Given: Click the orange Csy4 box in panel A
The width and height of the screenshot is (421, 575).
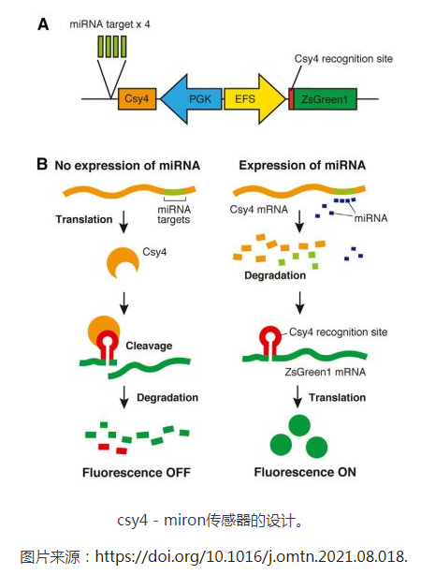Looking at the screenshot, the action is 137,98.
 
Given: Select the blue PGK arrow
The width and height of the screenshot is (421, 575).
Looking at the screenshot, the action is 191,98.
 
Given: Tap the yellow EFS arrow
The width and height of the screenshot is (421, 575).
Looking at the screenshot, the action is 254,98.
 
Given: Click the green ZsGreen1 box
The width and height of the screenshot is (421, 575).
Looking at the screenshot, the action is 325,98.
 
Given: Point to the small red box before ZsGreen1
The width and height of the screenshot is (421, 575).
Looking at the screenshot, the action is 291,98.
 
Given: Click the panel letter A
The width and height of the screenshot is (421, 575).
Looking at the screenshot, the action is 43,24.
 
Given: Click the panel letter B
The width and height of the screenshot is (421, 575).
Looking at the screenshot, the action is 42,164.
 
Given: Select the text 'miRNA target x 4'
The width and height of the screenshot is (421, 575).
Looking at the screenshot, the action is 109,24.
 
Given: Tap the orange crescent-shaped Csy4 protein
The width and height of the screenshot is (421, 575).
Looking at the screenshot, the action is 123,262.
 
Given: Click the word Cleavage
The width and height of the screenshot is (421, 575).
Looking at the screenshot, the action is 149,346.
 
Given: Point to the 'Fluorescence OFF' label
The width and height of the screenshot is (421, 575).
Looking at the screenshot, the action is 137,472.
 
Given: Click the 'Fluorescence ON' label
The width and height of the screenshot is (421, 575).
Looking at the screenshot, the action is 305,472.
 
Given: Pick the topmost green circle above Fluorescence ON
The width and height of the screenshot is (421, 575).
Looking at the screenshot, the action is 299,425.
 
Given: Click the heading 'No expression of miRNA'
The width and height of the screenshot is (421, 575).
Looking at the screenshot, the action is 127,166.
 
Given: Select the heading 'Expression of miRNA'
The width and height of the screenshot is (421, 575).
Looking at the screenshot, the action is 302,165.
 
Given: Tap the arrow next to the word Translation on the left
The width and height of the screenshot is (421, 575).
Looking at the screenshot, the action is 123,222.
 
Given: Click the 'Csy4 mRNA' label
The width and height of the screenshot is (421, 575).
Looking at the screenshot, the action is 259,210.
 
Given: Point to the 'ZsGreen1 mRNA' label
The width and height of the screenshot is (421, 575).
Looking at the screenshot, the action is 326,372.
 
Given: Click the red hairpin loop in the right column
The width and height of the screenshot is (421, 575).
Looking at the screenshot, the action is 270,332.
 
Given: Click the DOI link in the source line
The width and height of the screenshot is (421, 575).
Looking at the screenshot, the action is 252,557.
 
